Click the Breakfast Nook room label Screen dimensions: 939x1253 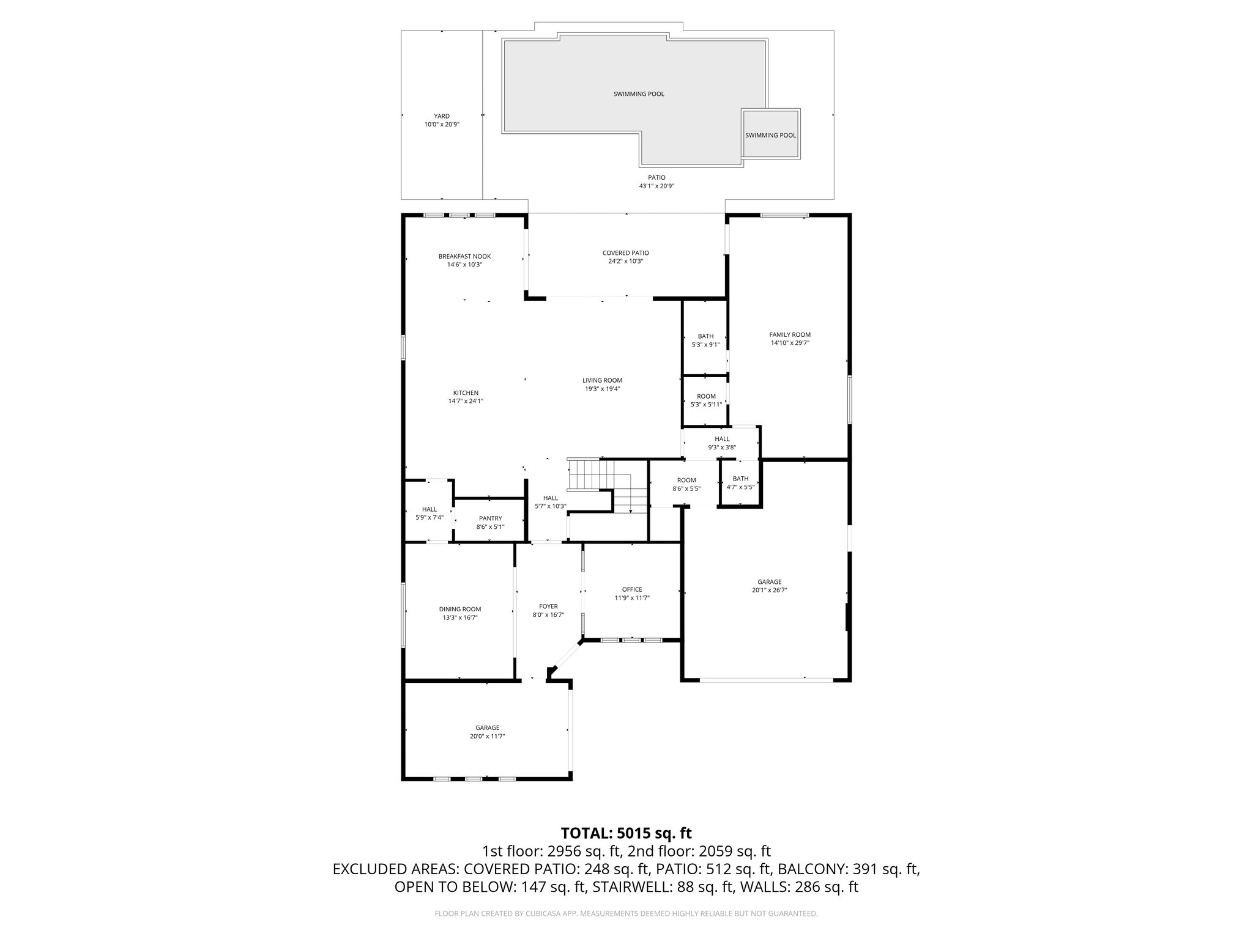[x=464, y=256]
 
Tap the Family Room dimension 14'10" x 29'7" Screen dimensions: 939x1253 [x=790, y=343]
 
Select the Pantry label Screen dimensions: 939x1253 [x=490, y=518]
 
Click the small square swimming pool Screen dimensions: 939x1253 [x=770, y=135]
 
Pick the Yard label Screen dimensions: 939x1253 [x=442, y=116]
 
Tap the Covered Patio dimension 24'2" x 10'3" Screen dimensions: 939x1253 [x=625, y=261]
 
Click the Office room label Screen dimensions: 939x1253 [x=632, y=589]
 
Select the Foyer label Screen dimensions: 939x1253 [x=548, y=606]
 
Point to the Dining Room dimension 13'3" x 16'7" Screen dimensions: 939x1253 [x=460, y=617]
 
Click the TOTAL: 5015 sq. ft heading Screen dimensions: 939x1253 [x=626, y=833]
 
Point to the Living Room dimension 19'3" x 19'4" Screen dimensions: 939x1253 [x=602, y=389]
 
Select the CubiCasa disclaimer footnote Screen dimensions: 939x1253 [x=626, y=913]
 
